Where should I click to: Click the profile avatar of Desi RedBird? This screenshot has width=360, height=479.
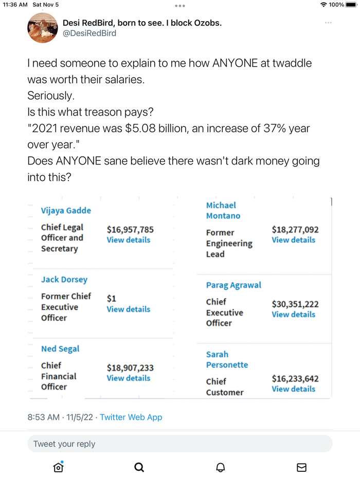[42, 28]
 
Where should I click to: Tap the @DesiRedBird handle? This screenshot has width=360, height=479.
[89, 33]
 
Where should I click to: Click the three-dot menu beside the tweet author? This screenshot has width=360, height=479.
[328, 23]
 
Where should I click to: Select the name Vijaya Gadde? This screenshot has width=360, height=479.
[66, 210]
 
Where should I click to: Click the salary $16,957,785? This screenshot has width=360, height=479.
[130, 229]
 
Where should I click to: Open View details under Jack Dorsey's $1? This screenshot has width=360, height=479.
[129, 309]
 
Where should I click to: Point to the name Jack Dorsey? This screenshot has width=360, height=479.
[64, 280]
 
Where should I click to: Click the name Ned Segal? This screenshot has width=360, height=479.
[60, 349]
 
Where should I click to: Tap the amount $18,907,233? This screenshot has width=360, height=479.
[130, 368]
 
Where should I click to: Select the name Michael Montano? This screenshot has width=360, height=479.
[223, 211]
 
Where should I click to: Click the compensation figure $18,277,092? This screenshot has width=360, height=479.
[295, 230]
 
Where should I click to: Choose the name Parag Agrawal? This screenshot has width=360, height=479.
[233, 285]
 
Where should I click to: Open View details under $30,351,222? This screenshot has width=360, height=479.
[294, 315]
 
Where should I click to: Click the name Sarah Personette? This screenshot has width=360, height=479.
[227, 360]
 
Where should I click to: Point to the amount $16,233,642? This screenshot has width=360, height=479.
[295, 379]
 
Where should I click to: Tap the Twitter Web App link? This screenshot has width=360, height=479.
[131, 417]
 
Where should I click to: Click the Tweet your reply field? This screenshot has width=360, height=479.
[180, 444]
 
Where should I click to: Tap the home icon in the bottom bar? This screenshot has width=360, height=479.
[58, 467]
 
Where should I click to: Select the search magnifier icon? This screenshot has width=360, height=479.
[139, 467]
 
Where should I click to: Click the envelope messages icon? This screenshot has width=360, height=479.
[302, 467]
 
